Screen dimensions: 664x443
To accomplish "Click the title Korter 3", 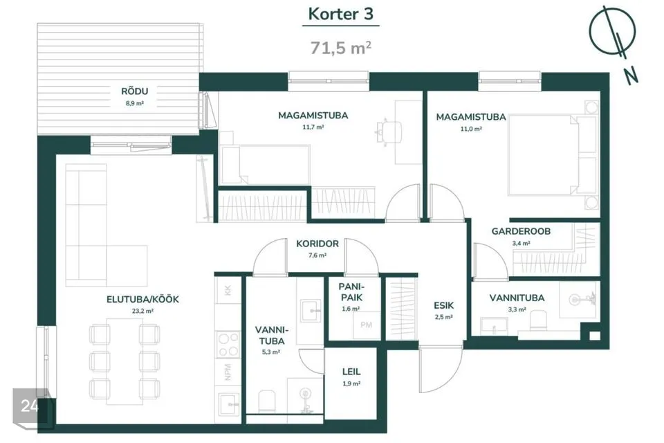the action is coord(340,14).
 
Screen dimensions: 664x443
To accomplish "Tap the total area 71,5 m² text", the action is coord(340,48).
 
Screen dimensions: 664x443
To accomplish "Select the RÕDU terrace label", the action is coord(135,91).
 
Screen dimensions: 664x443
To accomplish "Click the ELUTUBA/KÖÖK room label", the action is coord(142,299).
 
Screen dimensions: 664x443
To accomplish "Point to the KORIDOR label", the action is coord(317,244).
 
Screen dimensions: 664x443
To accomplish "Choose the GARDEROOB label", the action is coord(521,231).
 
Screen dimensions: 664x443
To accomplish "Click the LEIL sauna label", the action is coord(351,372).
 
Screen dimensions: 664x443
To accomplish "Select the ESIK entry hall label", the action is coord(443,305).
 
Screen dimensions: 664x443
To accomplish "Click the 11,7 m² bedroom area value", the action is coord(313,127).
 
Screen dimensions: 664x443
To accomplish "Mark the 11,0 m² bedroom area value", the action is coord(470,129).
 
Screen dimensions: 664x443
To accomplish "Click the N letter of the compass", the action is coord(631,76).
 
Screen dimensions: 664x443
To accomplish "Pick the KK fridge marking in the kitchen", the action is coord(228,291).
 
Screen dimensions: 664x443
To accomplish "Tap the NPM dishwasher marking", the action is coord(228,372).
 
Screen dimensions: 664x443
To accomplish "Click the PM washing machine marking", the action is coord(366,325).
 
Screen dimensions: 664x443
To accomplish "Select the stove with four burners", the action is coord(228,345).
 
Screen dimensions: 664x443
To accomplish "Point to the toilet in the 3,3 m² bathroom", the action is coord(538,320).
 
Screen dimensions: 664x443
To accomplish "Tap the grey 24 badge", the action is coord(30,406).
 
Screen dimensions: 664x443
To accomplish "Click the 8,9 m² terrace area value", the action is coord(135,103).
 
